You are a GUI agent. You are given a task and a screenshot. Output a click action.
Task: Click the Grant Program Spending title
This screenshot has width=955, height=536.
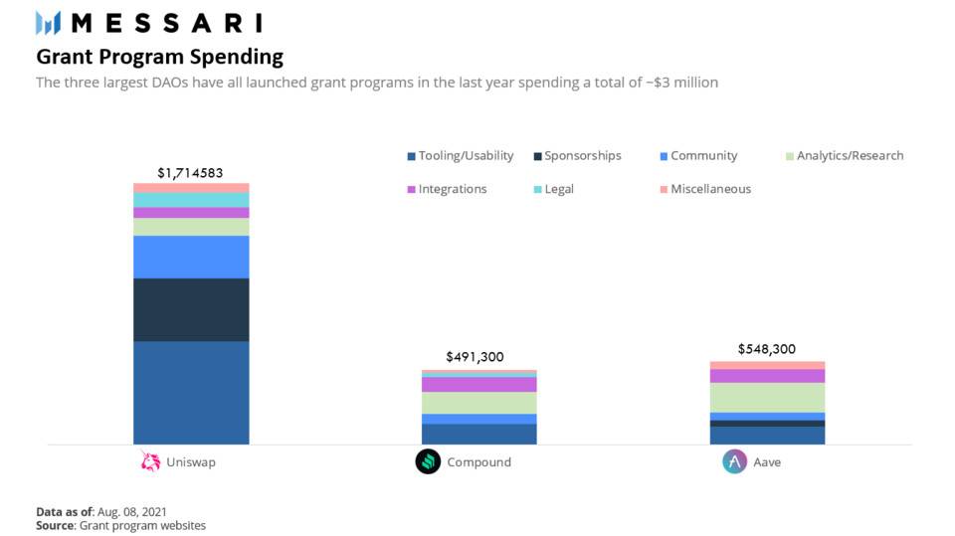pos(159,57)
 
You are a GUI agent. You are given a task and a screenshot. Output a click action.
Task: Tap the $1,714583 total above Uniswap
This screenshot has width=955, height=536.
pos(191,173)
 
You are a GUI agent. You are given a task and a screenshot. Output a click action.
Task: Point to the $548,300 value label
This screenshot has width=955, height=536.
pos(767,349)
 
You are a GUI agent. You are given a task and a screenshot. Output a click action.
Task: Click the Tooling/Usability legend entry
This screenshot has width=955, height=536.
pos(460,156)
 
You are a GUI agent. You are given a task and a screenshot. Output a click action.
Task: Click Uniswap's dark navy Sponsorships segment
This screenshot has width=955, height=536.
pos(191,309)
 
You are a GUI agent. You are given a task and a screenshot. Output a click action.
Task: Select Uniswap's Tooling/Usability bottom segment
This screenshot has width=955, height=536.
pos(191,392)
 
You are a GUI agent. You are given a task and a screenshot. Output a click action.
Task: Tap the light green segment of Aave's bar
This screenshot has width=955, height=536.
pos(767,397)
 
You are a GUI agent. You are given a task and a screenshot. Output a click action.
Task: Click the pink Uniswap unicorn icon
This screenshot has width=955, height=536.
pos(150,461)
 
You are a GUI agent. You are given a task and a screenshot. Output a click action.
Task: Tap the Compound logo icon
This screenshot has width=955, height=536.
pos(428,461)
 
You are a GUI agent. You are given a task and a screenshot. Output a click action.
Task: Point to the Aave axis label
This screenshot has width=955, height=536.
pos(766,462)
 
